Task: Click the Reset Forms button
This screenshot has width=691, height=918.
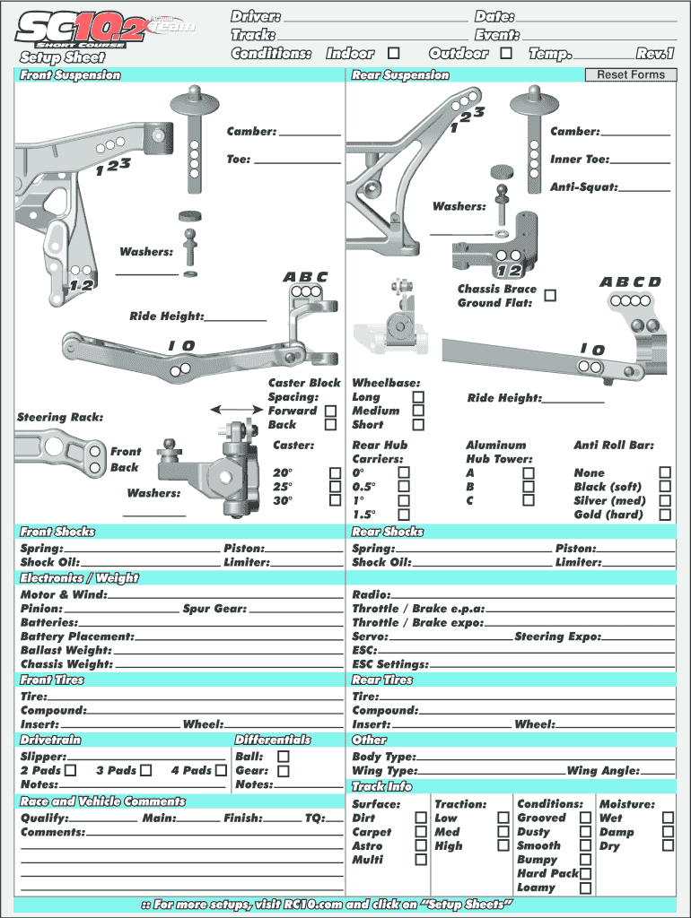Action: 631,74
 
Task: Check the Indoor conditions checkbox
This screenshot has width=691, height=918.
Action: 393,54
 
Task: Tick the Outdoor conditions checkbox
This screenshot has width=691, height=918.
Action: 506,54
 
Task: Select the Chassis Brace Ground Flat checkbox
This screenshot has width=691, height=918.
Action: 550,296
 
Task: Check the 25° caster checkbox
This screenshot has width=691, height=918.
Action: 335,487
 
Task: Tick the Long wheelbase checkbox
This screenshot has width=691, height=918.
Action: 417,396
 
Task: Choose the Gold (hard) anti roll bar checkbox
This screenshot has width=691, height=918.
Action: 665,515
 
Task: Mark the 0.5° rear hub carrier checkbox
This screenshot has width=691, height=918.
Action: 404,487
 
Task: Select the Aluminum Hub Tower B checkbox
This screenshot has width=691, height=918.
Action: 529,487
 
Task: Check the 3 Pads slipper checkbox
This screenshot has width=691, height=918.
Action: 146,770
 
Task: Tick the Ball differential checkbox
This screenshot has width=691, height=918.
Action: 284,756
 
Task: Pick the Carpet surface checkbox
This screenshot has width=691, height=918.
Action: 421,832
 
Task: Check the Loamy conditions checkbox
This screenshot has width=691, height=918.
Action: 585,888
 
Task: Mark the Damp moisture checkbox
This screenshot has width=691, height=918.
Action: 668,832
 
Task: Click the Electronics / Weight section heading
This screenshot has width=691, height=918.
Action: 80,578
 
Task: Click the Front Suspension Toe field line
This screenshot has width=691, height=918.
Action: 297,161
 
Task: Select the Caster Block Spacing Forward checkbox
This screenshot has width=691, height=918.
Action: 331,411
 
